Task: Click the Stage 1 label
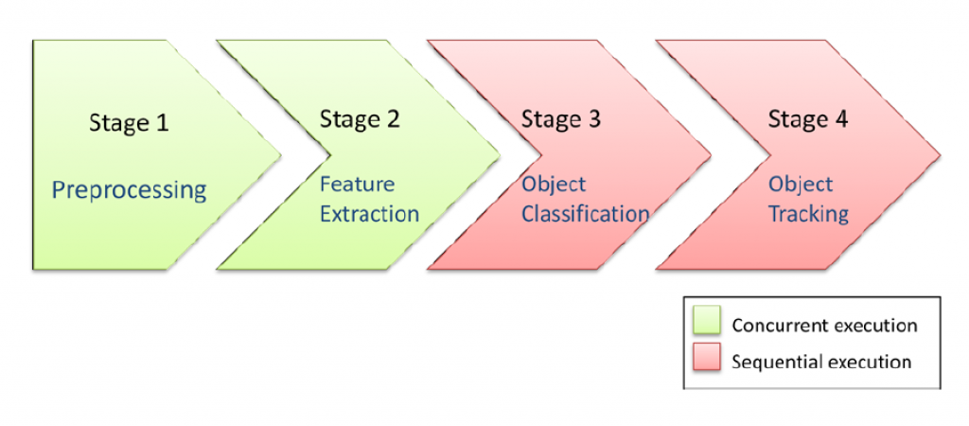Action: pyautogui.click(x=129, y=122)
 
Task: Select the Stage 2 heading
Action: pyautogui.click(x=360, y=119)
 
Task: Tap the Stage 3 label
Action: pyautogui.click(x=560, y=119)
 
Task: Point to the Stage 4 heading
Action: pyautogui.click(x=807, y=119)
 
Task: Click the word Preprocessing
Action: pyautogui.click(x=129, y=190)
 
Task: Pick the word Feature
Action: pyautogui.click(x=357, y=184)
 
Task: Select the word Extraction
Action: pyautogui.click(x=369, y=214)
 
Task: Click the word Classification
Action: pyautogui.click(x=585, y=214)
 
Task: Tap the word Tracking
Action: pyautogui.click(x=808, y=214)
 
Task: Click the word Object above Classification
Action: pyautogui.click(x=554, y=184)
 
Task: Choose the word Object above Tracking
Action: pyautogui.click(x=801, y=184)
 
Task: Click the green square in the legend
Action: pyautogui.click(x=707, y=323)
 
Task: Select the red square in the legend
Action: pyautogui.click(x=707, y=360)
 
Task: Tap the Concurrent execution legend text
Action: pyautogui.click(x=824, y=326)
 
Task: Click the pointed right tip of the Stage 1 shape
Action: pyautogui.click(x=281, y=153)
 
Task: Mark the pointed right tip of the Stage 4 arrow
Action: pyautogui.click(x=940, y=153)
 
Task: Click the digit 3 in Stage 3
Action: pyautogui.click(x=593, y=119)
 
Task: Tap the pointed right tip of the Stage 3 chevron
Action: pyautogui.click(x=712, y=153)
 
